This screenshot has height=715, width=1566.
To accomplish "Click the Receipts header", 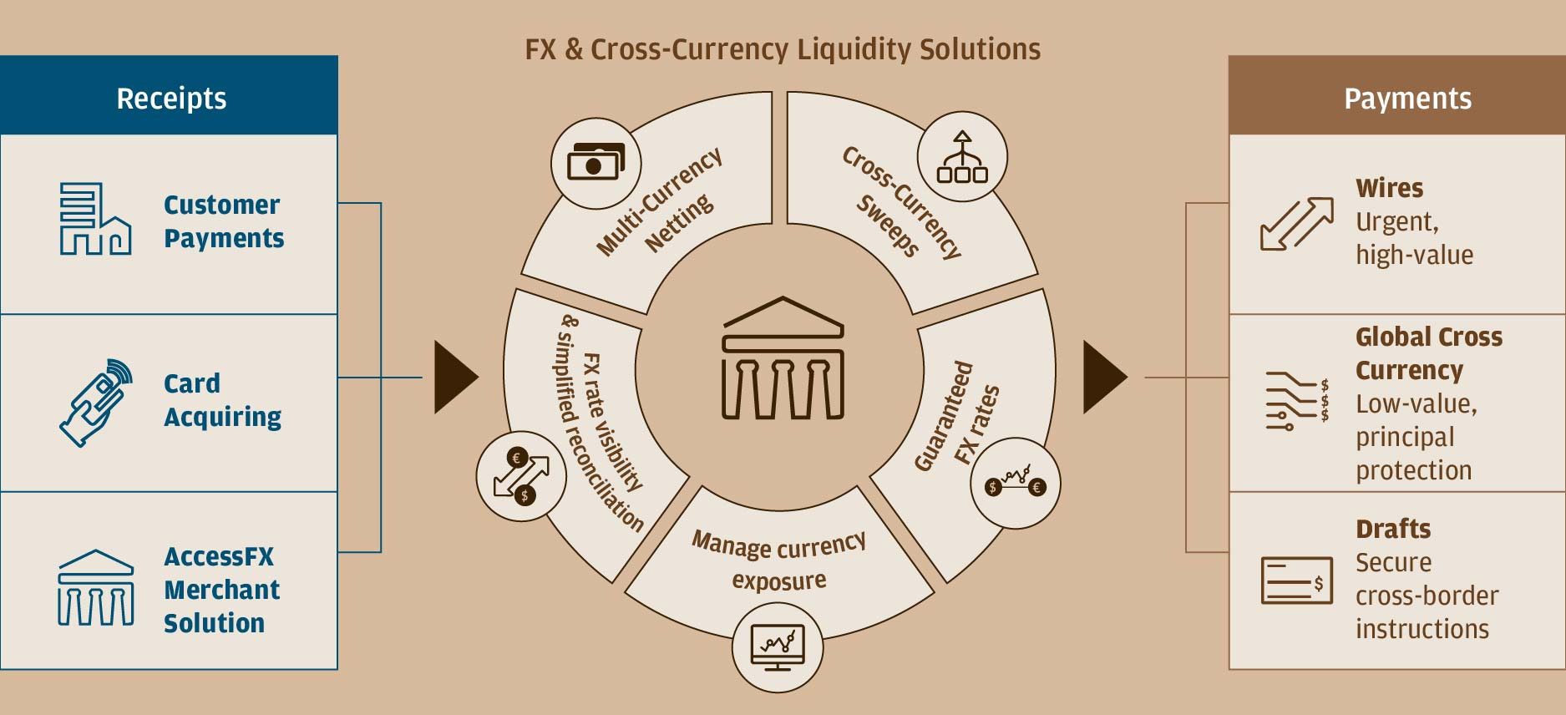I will (x=170, y=98).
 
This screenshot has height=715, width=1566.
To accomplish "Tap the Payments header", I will (x=1407, y=98).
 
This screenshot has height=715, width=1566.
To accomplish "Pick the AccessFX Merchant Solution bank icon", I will (x=95, y=588).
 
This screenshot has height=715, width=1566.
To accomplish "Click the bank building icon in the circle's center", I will (x=783, y=358).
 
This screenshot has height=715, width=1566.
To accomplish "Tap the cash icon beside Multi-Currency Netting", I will (x=595, y=161).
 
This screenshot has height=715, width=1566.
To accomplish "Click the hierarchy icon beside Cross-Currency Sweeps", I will (x=962, y=157).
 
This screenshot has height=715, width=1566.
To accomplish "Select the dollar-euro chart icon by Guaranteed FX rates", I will (x=1015, y=484).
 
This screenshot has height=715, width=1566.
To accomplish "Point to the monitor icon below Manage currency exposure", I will (x=778, y=647).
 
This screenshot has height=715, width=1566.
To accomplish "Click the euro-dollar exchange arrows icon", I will (x=521, y=477).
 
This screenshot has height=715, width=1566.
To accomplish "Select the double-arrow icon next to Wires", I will (x=1296, y=223).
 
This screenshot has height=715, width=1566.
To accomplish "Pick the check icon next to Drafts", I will (x=1296, y=580).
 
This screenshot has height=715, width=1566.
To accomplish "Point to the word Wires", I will (x=1389, y=188).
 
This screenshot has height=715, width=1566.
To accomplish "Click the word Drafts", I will (x=1392, y=529).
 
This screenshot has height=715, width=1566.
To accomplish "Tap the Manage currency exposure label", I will (x=778, y=560).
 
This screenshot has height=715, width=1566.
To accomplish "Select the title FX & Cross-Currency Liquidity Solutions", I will (x=783, y=49).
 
